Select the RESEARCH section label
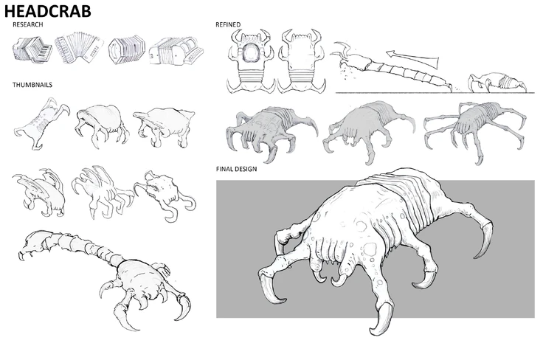[28, 25]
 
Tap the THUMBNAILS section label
[32, 84]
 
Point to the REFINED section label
[228, 25]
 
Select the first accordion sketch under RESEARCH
[30, 52]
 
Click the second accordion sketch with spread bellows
[76, 49]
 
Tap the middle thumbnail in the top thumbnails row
[100, 122]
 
